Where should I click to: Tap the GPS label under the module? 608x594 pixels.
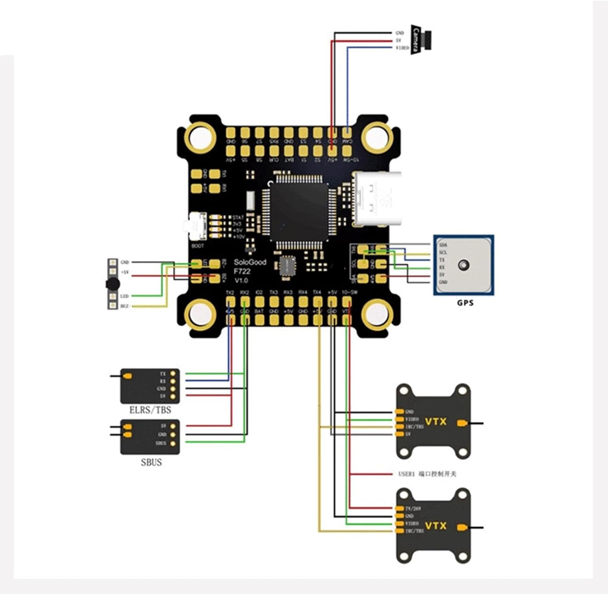click(465, 302)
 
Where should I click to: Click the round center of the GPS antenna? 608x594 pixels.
click(463, 265)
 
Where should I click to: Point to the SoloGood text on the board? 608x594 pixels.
click(250, 262)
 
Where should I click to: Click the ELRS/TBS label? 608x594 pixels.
click(150, 410)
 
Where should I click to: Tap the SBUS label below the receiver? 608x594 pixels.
click(151, 462)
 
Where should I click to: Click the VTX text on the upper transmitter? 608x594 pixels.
click(436, 421)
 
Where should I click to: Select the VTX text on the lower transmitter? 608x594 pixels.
click(436, 526)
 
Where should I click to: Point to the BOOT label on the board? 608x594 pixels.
click(197, 246)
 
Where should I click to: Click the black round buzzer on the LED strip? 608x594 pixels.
click(112, 284)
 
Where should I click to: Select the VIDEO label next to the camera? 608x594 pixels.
click(402, 48)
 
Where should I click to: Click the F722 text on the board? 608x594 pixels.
click(242, 271)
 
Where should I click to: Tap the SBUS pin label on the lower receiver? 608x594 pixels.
click(161, 443)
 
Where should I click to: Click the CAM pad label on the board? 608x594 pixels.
click(347, 141)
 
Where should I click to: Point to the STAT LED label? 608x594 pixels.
click(238, 218)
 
